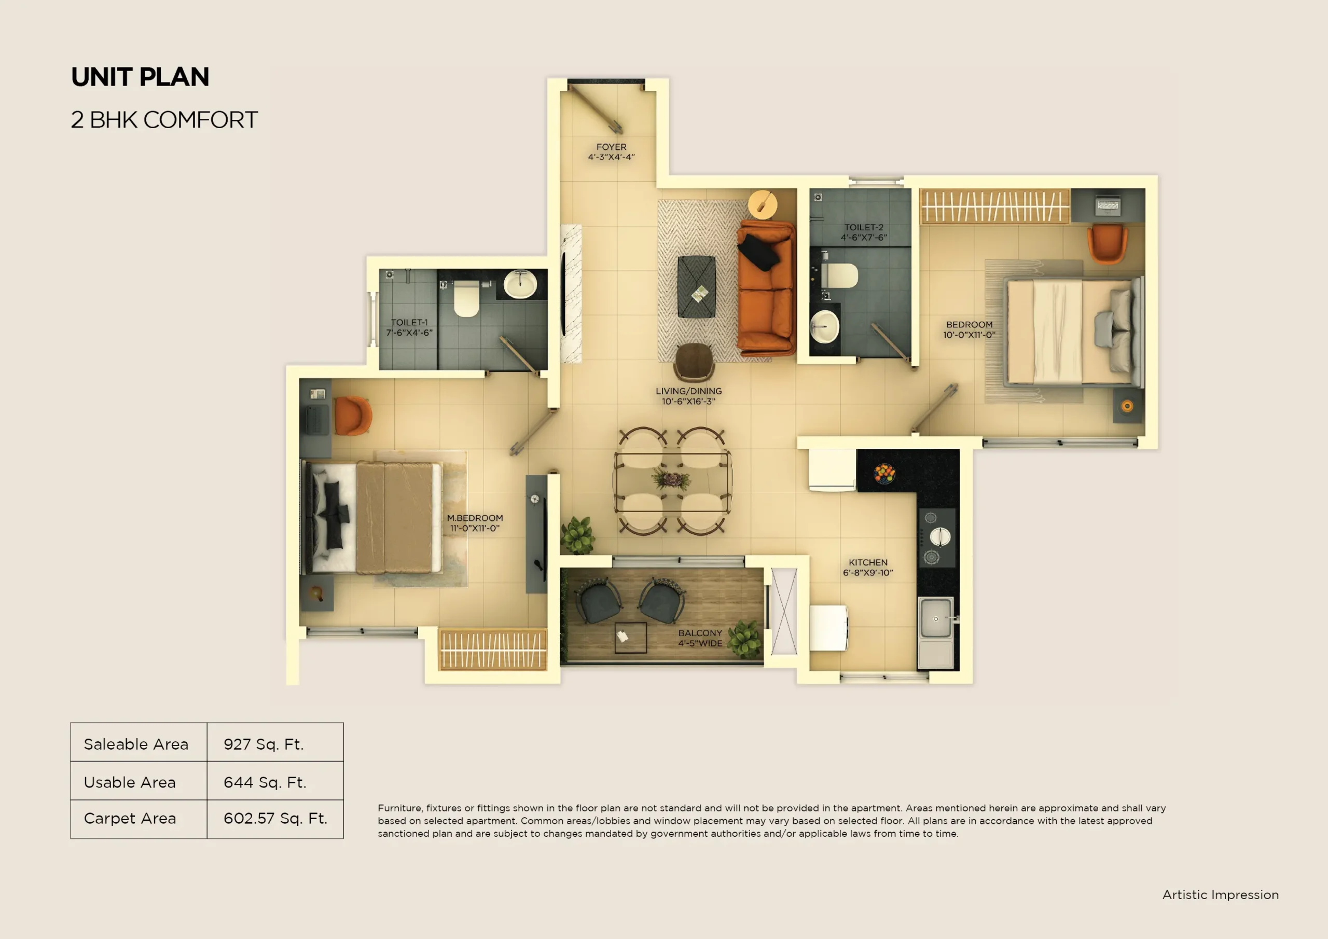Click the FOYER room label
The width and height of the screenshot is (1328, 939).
click(612, 147)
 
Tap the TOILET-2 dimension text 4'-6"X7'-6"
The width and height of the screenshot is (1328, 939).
click(864, 238)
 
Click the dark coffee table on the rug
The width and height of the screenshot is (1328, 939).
click(696, 287)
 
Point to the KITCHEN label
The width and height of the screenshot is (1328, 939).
click(867, 562)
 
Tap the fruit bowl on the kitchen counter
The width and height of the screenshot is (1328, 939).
click(884, 473)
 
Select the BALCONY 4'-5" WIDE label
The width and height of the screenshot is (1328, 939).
click(700, 638)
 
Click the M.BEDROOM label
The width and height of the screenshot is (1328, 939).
click(475, 518)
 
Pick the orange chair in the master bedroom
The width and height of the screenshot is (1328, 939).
click(352, 416)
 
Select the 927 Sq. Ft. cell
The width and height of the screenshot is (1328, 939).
click(264, 744)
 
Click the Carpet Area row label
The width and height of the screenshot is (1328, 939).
click(130, 819)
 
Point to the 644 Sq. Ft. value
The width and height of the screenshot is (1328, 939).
click(265, 782)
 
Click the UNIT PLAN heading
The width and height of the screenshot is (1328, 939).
click(140, 77)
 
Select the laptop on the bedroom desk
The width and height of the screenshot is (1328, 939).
click(1108, 205)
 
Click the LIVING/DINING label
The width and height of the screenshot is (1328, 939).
click(688, 391)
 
